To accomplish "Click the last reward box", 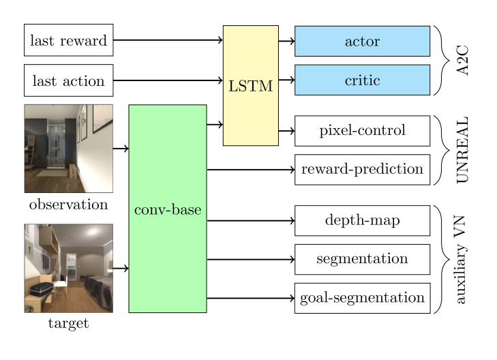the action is point(68,40).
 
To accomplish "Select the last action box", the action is point(68,80).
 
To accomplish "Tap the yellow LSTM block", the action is point(251,85).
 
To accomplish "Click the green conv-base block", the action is point(168,209).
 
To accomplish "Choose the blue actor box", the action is point(362,41).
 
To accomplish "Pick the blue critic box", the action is point(362,80).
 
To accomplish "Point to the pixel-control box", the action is point(362,131).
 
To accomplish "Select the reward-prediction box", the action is point(362,170).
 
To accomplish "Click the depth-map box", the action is point(362,220).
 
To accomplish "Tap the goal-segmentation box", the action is point(362,298).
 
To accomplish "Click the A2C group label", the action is point(462,60).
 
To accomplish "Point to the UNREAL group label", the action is point(462,150).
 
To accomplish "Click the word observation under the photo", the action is point(68,205).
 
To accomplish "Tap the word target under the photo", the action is point(68,324).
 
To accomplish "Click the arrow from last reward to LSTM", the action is point(168,40).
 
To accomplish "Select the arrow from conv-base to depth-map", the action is point(251,220).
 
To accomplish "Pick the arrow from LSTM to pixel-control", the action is point(286,131).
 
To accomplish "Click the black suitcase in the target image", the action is point(41,289).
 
